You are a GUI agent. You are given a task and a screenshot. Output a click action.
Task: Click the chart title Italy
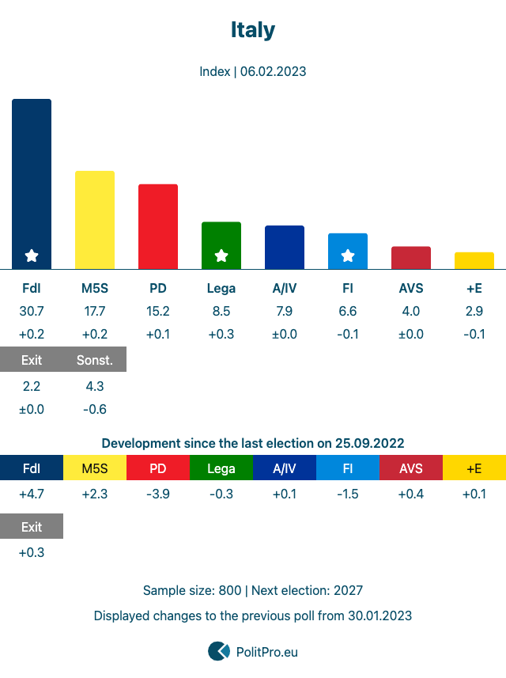coord(253,30)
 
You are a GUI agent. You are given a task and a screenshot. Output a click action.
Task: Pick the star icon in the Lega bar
coord(221,256)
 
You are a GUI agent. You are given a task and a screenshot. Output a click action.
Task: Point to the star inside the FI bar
coord(348,256)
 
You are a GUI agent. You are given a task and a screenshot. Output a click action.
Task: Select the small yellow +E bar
coord(474,260)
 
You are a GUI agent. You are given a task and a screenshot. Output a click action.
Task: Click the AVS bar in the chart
coord(411,258)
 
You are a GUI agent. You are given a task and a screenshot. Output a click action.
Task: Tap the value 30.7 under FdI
coord(32,311)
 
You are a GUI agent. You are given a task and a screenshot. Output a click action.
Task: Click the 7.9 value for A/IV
coord(285,311)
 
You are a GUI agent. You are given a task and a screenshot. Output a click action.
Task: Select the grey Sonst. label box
coord(95,360)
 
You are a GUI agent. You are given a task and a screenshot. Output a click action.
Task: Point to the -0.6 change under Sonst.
coord(95,409)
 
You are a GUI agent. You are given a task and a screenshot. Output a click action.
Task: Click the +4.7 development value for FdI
coord(32,494)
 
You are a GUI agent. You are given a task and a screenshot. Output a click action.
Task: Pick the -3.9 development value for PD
coord(158,494)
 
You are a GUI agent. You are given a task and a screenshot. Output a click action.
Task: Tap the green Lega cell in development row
coord(221,468)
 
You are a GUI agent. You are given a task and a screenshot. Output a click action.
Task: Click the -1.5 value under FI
coord(348,494)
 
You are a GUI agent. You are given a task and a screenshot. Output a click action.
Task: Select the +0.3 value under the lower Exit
coord(32,552)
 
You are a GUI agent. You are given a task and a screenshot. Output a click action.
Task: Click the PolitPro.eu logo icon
coord(219,651)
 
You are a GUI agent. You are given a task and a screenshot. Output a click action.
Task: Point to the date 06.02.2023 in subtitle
coord(273,71)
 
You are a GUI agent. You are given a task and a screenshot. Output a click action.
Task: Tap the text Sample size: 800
coord(192,590)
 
